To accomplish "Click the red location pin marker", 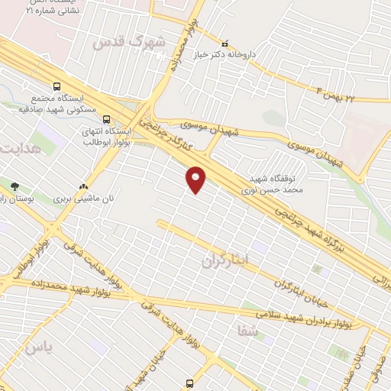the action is pos(196,178).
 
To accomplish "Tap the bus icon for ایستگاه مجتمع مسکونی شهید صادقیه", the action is pos(57,86).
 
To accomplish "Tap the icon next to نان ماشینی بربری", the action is pos(84,186).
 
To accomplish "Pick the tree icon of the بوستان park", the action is pos(15,186).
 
